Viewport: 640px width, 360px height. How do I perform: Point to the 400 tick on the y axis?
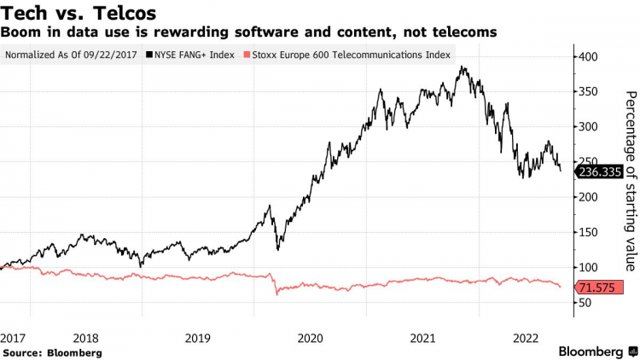[x=589, y=56]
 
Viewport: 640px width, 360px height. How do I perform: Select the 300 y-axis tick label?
[x=589, y=126]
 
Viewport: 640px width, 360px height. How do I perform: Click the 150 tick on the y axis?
[x=589, y=232]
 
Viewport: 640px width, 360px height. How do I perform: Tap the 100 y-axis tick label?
[x=589, y=267]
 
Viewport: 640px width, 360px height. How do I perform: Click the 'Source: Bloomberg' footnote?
[x=52, y=351]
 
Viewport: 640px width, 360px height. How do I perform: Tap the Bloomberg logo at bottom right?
[x=597, y=351]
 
